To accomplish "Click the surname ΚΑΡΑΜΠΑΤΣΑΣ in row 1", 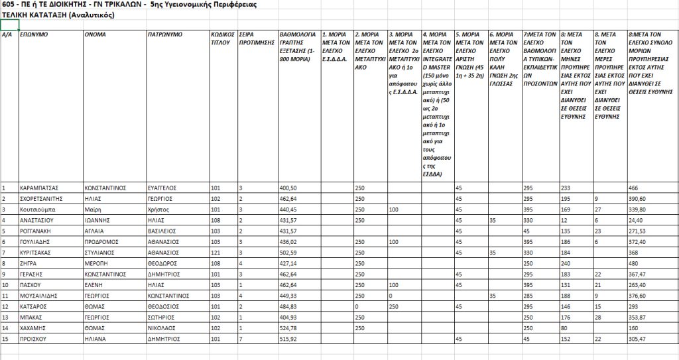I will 38,188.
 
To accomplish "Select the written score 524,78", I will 289,327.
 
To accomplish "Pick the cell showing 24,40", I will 637,219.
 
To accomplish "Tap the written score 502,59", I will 289,253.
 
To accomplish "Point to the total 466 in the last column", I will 633,188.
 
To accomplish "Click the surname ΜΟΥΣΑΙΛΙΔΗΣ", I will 42,296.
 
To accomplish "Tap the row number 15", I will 5,337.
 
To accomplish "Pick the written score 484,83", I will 289,306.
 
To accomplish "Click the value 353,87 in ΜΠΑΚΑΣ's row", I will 637,317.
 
